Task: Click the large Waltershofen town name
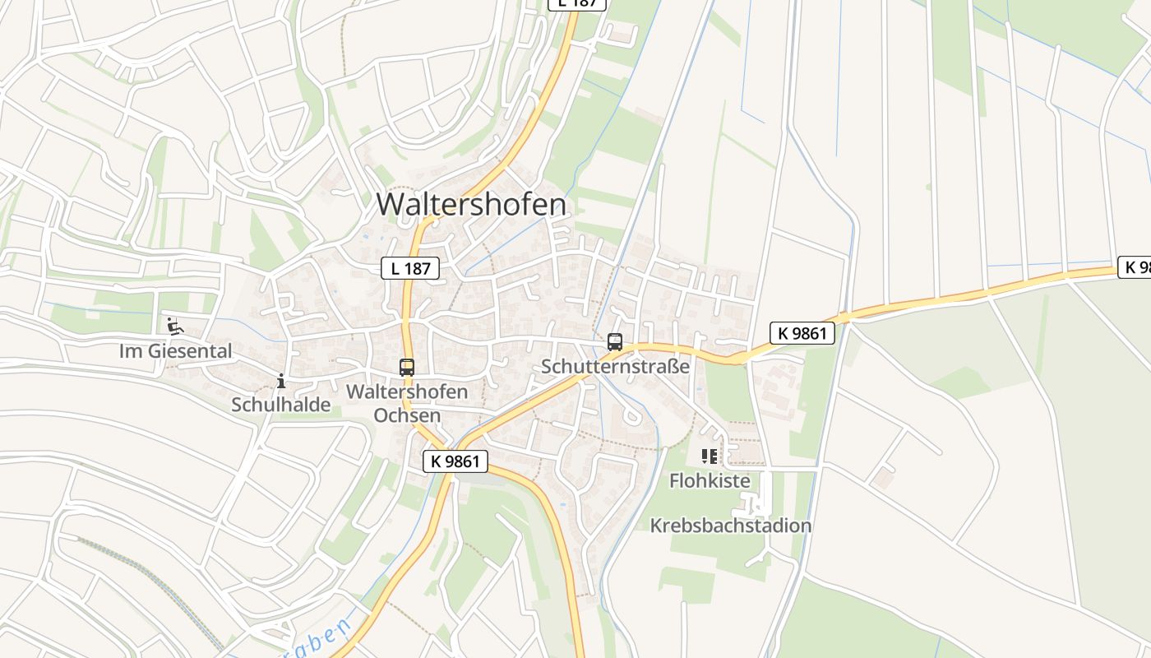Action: tap(472, 204)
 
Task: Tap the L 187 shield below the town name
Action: tap(410, 267)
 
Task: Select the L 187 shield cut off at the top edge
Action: tap(577, 3)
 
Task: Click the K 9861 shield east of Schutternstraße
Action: tap(802, 333)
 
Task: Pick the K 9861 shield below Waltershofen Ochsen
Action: tap(455, 461)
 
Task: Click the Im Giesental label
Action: tap(176, 351)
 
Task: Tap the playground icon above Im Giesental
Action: tap(174, 327)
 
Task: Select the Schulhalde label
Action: tap(281, 404)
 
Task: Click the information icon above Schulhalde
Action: tap(281, 380)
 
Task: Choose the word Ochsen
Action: tap(407, 415)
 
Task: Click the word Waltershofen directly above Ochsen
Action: tap(407, 392)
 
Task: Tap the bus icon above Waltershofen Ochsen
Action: tap(407, 368)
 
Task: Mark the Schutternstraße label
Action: tap(615, 366)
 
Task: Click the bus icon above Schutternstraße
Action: tap(615, 342)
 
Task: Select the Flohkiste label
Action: tap(710, 480)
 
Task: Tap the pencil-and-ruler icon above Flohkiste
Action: tap(710, 456)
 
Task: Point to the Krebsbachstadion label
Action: tap(731, 525)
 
